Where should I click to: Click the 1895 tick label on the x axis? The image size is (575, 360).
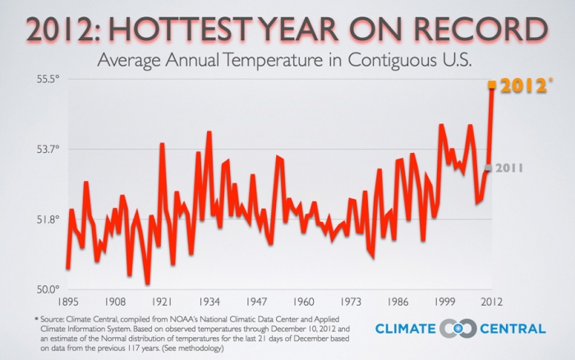(x=67, y=302)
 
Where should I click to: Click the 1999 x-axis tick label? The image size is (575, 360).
(x=446, y=302)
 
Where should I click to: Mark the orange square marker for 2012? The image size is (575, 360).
(x=492, y=85)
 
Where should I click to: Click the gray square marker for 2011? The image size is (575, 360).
(x=488, y=168)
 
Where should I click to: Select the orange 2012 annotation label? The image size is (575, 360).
(x=523, y=85)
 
